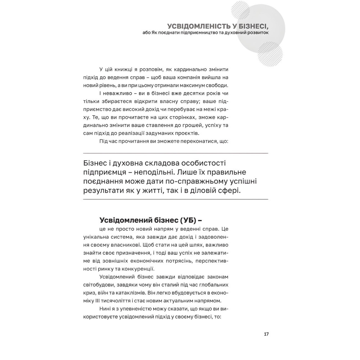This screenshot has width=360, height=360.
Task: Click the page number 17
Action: coord(266,334)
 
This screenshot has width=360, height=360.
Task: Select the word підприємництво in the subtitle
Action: coord(197,33)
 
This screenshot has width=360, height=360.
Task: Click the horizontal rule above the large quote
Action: coord(175,153)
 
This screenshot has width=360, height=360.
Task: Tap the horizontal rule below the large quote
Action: coord(175,199)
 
